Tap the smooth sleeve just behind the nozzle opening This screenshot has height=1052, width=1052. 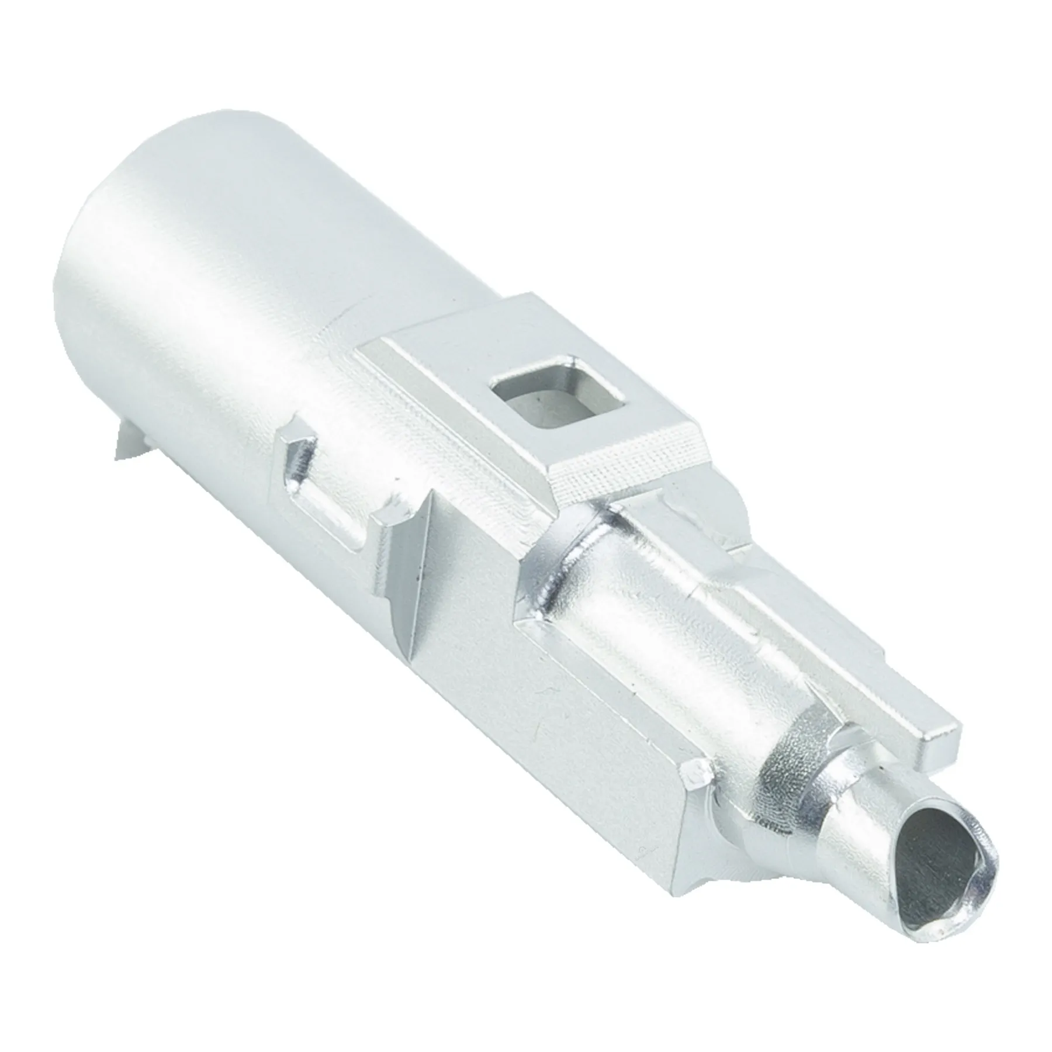[859, 812]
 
